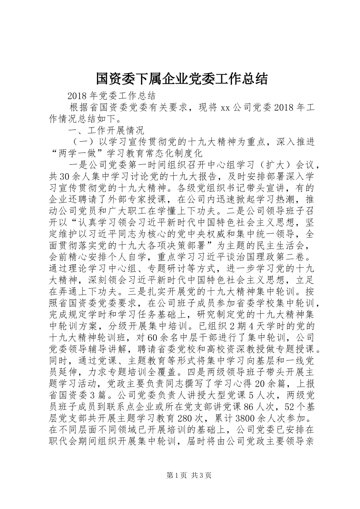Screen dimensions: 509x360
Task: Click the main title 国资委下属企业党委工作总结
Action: point(182,78)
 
